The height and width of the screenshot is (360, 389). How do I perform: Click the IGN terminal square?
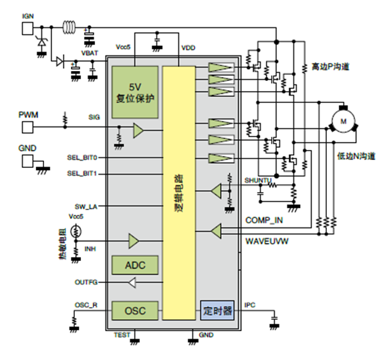pos(27,29)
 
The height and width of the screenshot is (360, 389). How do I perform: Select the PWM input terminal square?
pos(27,127)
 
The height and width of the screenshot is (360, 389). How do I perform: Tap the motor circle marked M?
pos(344,121)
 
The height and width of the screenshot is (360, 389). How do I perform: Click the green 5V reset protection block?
pos(135,92)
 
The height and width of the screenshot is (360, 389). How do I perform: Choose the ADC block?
pos(135,265)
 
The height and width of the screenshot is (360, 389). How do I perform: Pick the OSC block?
pos(135,310)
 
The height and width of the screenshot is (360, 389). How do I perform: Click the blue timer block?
pos(217,310)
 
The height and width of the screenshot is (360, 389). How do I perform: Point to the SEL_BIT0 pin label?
pos(82,158)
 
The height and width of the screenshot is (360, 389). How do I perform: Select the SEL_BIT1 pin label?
pos(82,173)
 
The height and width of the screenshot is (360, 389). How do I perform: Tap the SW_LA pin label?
pos(86,207)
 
